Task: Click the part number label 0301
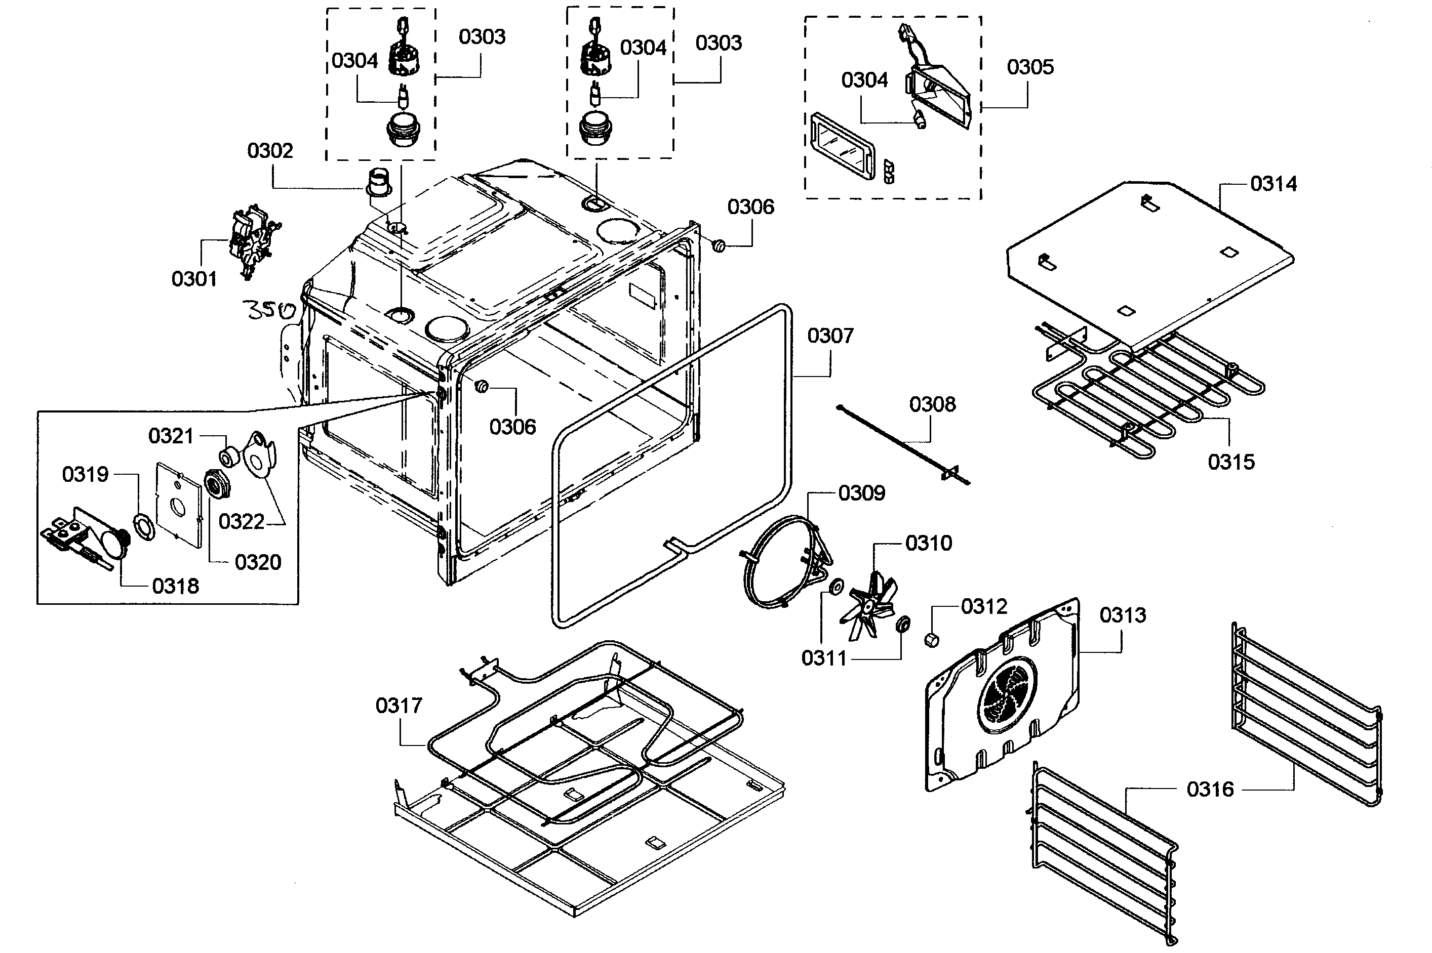coord(194,279)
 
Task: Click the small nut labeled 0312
coord(931,640)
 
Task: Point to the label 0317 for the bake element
coord(399,706)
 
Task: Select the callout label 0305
coord(1030,67)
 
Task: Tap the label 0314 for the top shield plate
coord(1274,184)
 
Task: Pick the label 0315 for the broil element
coord(1231,462)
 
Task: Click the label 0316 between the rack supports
coord(1210,790)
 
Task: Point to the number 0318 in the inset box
coord(175,586)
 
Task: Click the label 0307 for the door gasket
coord(830,336)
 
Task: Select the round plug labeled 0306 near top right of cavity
coord(719,245)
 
